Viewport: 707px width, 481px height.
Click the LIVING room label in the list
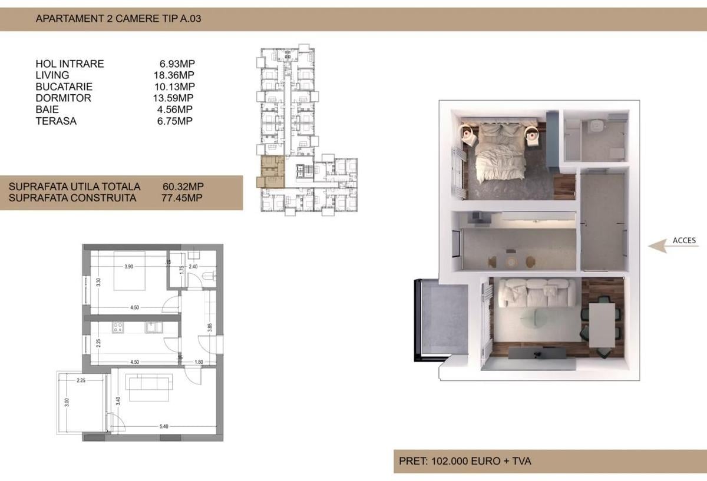52,75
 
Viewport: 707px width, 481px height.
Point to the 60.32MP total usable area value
182,187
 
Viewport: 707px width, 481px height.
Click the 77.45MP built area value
181,198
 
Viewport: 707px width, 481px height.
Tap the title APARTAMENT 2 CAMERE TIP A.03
118,18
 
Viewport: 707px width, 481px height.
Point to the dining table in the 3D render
602,324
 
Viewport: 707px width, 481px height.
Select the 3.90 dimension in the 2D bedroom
129,267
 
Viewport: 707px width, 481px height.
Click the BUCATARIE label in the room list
64,87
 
